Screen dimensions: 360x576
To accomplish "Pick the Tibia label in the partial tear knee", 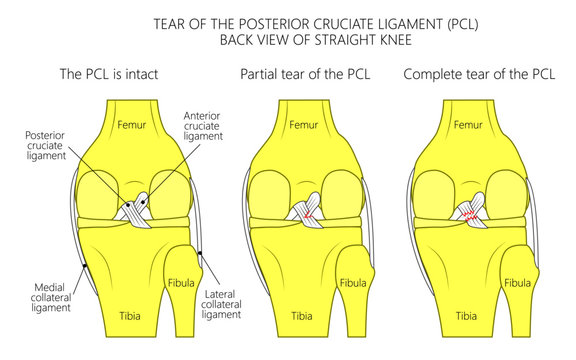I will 301,315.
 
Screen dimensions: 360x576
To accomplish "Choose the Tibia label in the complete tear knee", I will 467,315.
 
